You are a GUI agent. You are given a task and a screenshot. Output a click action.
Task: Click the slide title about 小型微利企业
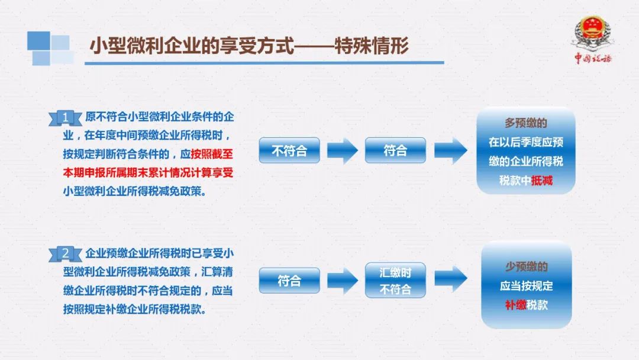249,46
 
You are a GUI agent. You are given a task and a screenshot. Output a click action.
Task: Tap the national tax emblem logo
592,33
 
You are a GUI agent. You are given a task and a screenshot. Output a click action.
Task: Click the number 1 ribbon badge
65,118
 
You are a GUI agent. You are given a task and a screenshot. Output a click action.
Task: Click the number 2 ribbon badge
65,254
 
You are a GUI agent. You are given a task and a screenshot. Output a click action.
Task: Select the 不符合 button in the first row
289,150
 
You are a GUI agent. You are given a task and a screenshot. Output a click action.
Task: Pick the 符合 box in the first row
395,150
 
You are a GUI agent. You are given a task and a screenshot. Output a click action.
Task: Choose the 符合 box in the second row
289,281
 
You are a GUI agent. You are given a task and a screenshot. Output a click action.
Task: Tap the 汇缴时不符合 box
395,281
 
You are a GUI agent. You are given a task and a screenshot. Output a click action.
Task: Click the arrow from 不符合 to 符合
343,151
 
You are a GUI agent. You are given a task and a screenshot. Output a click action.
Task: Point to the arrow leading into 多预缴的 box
451,151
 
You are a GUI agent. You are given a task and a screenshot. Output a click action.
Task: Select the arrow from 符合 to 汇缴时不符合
343,281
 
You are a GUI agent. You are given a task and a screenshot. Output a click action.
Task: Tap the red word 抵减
541,180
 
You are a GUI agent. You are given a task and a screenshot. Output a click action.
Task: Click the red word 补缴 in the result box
515,305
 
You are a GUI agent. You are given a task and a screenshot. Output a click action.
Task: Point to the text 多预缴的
526,123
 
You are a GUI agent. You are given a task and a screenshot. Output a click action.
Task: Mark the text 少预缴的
526,266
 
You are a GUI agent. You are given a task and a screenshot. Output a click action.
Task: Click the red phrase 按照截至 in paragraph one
212,154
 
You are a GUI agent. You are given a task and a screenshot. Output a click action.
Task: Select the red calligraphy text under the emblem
593,58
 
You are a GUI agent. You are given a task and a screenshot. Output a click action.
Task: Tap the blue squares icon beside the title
50,48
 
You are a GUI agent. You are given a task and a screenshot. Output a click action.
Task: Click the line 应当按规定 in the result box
526,286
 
